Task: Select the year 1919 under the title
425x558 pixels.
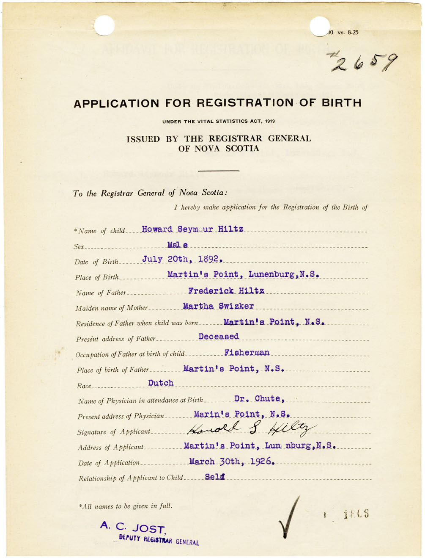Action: (x=270, y=122)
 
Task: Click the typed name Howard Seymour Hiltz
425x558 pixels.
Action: (x=192, y=229)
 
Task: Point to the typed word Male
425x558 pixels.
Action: (x=177, y=245)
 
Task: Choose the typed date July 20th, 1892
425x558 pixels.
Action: (x=182, y=259)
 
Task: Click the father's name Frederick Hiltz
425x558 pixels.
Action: (x=226, y=291)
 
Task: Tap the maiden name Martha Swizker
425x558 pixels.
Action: (x=218, y=306)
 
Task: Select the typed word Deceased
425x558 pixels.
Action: (x=219, y=337)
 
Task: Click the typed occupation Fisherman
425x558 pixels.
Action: (x=247, y=352)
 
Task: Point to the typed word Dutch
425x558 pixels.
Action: (x=161, y=383)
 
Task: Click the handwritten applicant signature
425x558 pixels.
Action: (x=251, y=429)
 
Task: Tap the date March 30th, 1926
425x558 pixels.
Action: (x=232, y=461)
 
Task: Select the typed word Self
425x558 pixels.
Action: (x=215, y=477)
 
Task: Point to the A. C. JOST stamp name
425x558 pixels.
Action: (x=132, y=528)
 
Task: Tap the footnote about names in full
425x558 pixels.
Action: (x=126, y=506)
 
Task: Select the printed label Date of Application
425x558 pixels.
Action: (x=109, y=463)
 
